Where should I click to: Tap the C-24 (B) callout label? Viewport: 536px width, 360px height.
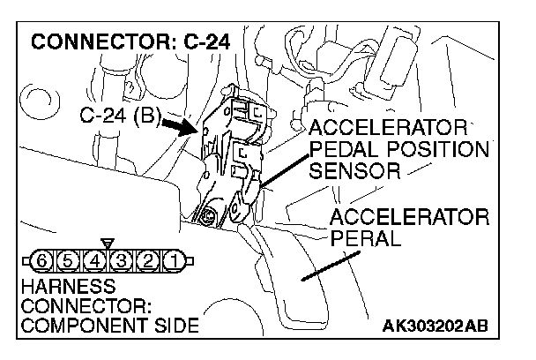(118, 116)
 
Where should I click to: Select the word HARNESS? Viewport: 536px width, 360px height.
(58, 287)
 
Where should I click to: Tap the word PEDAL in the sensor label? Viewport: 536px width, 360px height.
(342, 147)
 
